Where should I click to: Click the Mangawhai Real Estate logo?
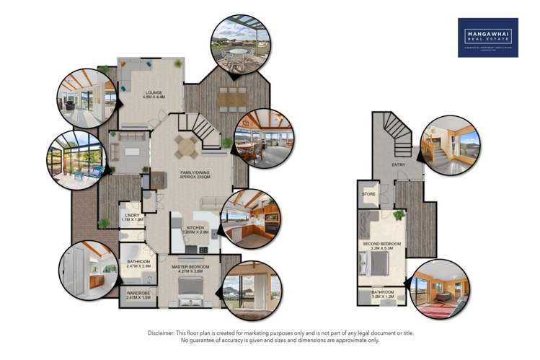[488, 38]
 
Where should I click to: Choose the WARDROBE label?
[136, 294]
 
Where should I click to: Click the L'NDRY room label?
[131, 216]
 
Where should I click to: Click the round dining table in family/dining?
[187, 146]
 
